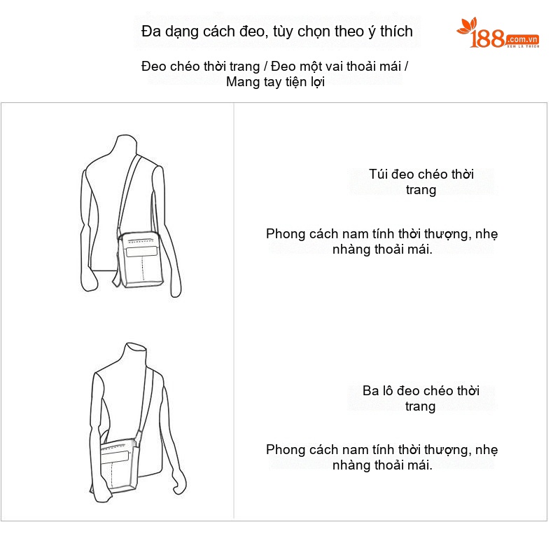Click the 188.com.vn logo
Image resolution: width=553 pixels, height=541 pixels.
[x=498, y=33]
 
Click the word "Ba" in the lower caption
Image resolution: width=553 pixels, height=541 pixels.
[x=370, y=391]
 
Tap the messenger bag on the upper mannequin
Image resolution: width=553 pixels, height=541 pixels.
[x=140, y=259]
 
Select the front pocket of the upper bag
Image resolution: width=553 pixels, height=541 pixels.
[x=142, y=252]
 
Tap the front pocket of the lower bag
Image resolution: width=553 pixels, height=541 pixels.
[x=115, y=458]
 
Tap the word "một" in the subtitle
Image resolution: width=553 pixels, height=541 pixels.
[x=309, y=67]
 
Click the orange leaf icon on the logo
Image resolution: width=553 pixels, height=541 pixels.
[x=467, y=26]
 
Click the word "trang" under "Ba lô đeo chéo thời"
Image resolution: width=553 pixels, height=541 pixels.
[x=420, y=407]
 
